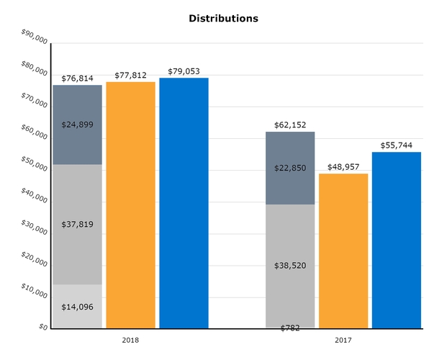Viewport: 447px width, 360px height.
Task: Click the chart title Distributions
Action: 223,18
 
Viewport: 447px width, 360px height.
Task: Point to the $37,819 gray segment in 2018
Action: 77,224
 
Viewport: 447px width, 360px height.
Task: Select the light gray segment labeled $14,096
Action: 77,306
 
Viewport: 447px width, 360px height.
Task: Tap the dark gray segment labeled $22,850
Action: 290,168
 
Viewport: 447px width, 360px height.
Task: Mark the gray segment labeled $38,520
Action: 290,266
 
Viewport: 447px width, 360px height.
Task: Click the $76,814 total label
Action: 77,78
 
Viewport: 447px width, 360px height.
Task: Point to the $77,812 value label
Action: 130,75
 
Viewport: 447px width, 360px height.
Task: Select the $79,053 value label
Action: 184,71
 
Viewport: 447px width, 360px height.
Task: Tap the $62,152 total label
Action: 290,125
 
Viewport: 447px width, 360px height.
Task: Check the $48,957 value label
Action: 343,167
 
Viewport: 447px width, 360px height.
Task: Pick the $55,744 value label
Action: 397,145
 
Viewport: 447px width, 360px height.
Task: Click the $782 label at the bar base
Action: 290,328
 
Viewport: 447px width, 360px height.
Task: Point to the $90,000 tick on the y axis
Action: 35,37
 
